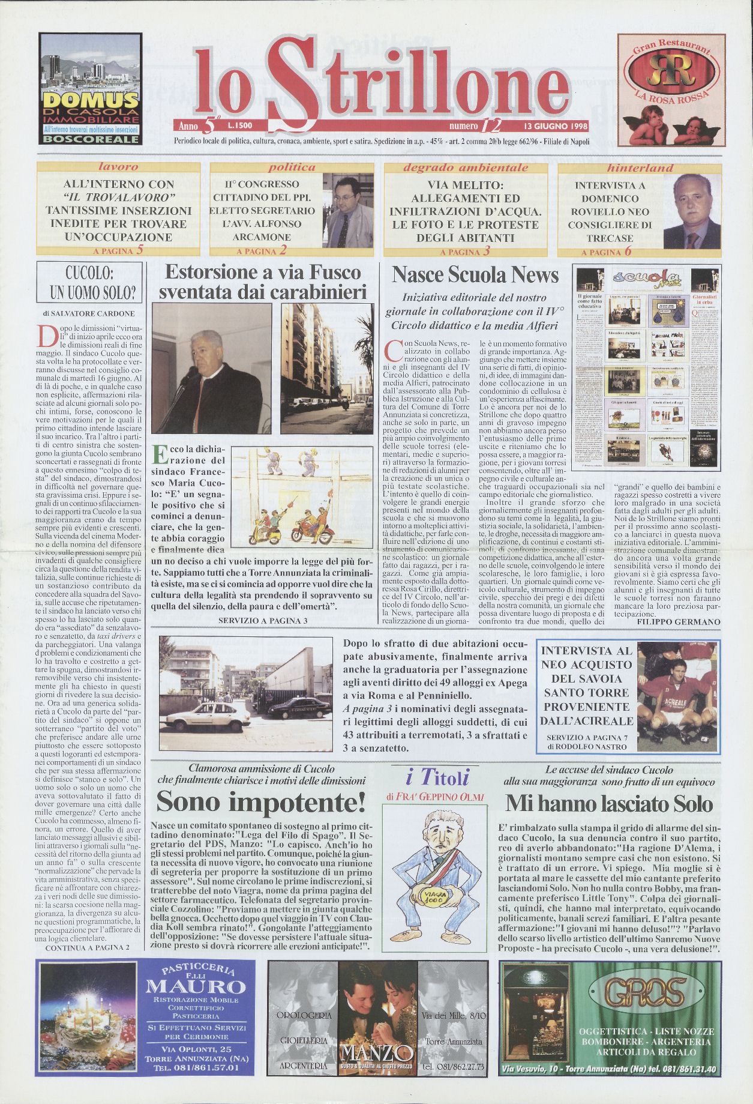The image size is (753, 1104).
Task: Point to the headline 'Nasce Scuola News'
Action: point(475,275)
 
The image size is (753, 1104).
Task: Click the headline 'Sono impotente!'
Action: point(261,802)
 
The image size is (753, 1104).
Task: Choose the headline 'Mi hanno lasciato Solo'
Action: point(609,803)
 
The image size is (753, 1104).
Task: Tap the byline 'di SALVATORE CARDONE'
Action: point(89,313)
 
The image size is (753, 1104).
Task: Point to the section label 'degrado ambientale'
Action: point(466,167)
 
